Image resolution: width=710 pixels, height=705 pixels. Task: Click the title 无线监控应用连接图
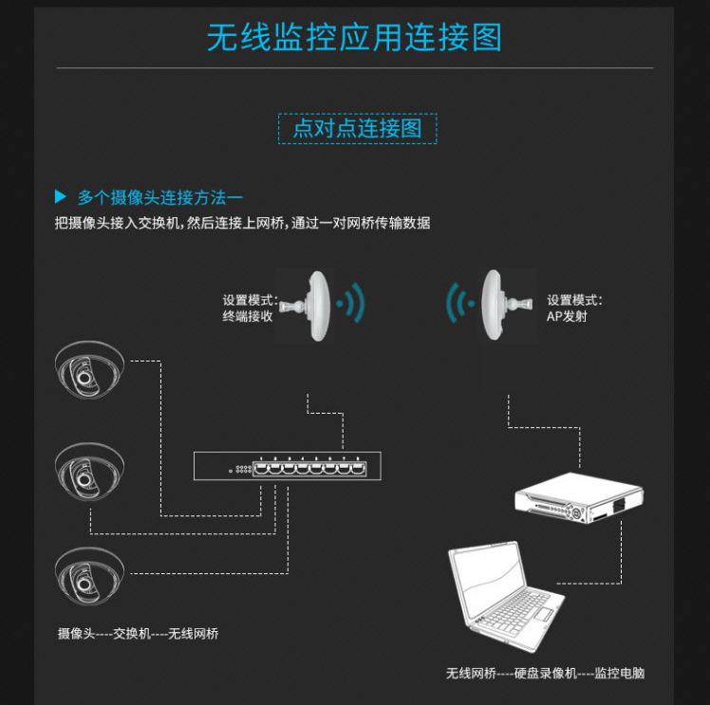click(x=354, y=37)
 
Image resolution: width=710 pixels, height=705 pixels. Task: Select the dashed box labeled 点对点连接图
click(x=357, y=128)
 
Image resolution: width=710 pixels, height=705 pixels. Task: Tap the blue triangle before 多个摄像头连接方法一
click(x=61, y=197)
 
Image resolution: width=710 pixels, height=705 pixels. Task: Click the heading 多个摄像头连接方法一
click(x=159, y=197)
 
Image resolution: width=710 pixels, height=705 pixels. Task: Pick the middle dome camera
click(x=88, y=469)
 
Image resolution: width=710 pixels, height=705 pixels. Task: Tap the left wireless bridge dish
click(x=313, y=303)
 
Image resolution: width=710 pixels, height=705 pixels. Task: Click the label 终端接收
click(x=248, y=317)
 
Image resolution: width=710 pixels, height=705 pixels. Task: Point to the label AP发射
click(x=568, y=317)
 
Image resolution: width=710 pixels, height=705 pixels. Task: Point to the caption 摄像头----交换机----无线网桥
click(x=139, y=633)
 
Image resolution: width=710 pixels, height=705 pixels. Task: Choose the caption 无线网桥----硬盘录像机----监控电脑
click(x=545, y=673)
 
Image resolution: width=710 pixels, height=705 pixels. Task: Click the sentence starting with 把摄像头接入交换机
click(x=243, y=223)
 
